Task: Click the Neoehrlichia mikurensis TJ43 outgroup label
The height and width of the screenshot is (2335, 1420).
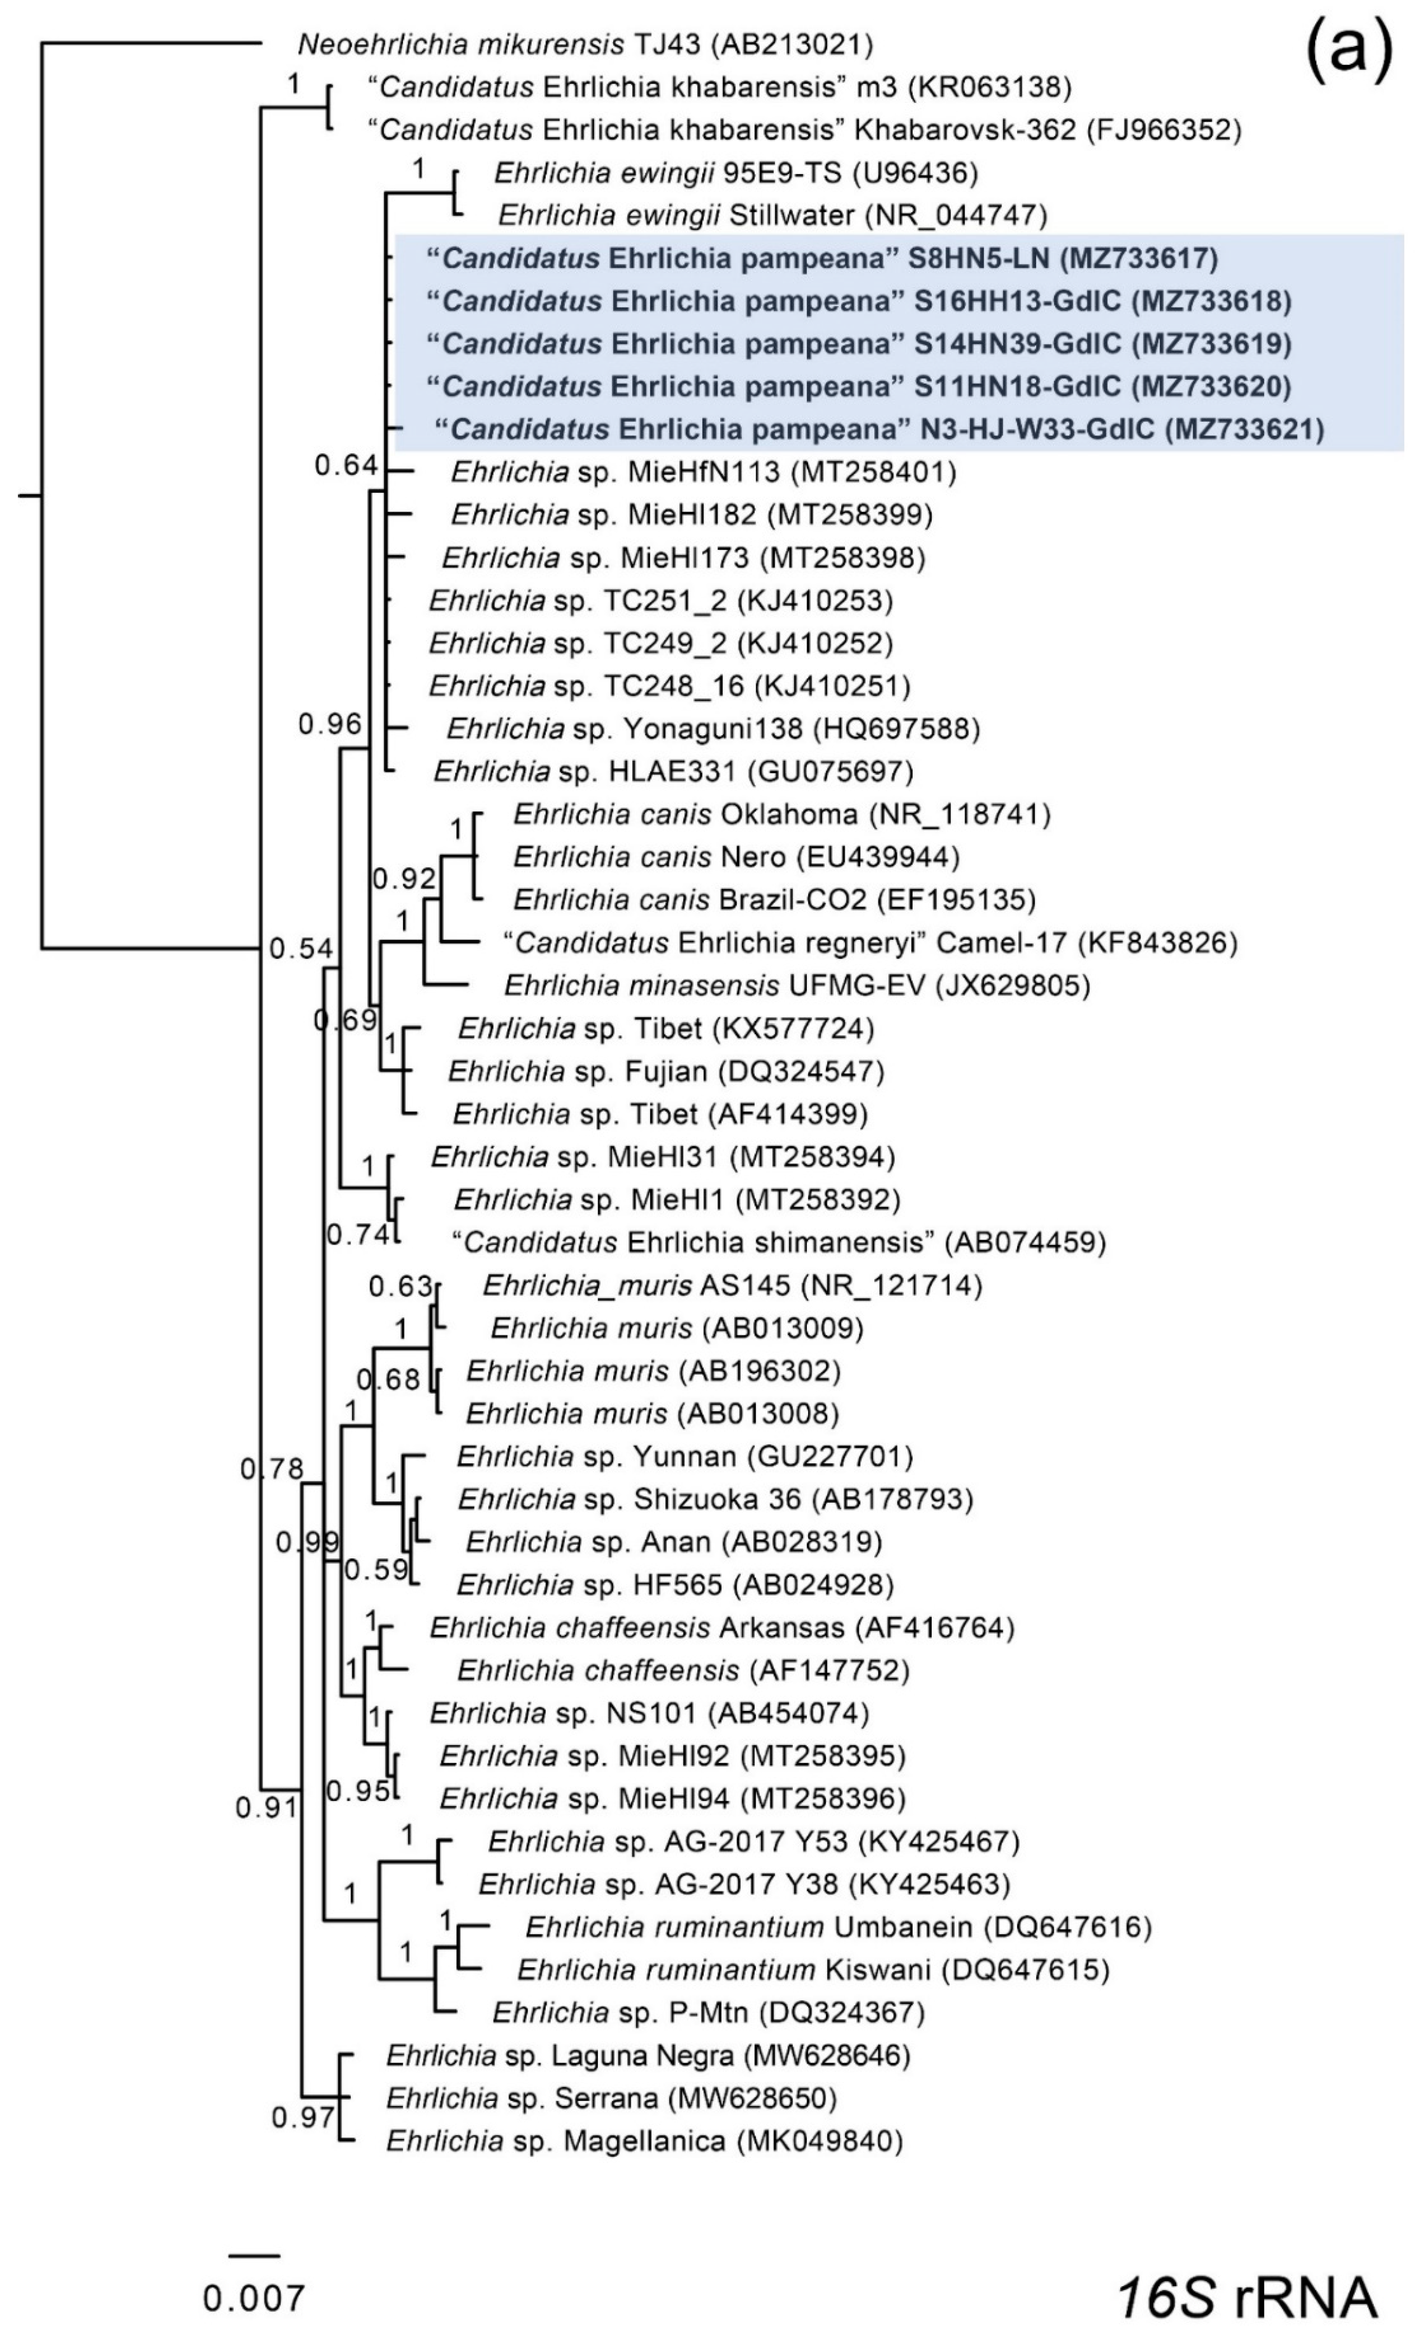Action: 584,44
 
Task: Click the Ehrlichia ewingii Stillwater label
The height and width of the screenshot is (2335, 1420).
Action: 772,216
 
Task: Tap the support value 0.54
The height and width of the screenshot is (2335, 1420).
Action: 301,948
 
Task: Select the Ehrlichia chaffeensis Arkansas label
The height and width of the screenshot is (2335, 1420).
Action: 722,1628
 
